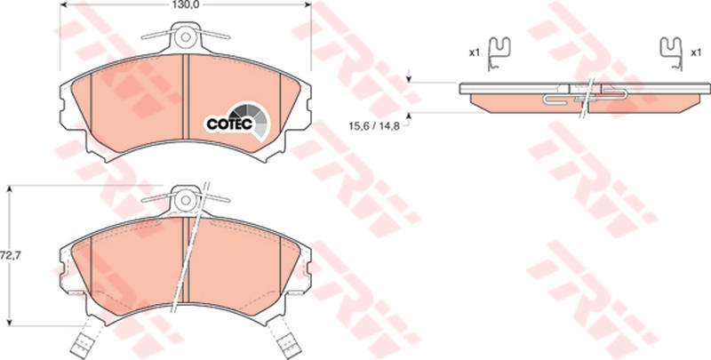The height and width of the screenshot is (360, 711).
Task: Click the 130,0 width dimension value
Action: click(187, 4)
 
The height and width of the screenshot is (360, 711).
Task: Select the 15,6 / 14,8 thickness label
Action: click(374, 126)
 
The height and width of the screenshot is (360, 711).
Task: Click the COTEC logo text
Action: click(229, 124)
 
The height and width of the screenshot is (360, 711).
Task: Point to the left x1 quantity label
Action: click(474, 53)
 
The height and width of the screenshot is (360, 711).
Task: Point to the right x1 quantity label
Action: click(696, 53)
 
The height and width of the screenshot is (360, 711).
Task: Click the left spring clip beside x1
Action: click(499, 53)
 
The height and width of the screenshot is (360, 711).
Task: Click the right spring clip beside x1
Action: click(671, 53)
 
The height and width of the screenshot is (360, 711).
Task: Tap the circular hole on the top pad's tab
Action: click(184, 37)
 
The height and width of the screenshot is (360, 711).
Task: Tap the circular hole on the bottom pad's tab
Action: click(184, 200)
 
